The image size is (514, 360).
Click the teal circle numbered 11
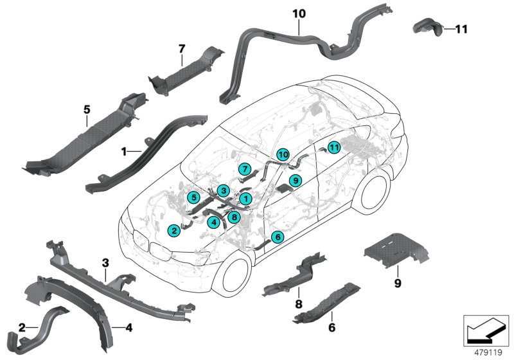pyautogui.click(x=333, y=147)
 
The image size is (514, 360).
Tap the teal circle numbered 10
pyautogui.click(x=283, y=154)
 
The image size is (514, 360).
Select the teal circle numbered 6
pyautogui.click(x=278, y=237)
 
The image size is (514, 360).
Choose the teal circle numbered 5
pyautogui.click(x=193, y=197)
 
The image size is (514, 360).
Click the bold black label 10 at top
pyautogui.click(x=299, y=12)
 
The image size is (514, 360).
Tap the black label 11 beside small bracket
pyautogui.click(x=461, y=29)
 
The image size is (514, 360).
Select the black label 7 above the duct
pyautogui.click(x=181, y=48)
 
